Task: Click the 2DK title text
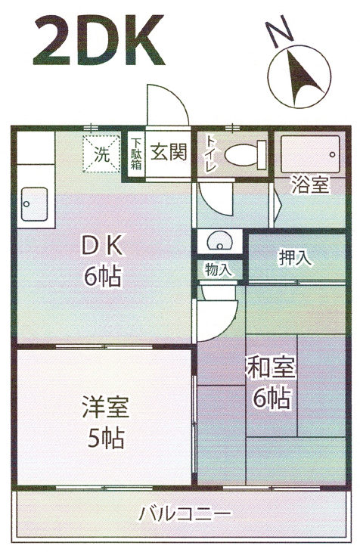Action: (x=99, y=40)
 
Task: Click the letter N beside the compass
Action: (x=279, y=32)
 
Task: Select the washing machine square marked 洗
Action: (x=102, y=154)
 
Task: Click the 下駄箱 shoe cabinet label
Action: (x=136, y=154)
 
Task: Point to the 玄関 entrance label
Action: (x=169, y=152)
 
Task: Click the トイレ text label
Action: (x=211, y=154)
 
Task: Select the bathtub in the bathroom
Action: (x=310, y=154)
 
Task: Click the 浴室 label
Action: (x=310, y=185)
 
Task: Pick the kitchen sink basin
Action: (x=35, y=204)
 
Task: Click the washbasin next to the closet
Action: (x=219, y=241)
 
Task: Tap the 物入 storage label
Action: (x=219, y=270)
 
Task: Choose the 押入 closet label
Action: (x=295, y=257)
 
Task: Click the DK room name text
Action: (x=103, y=245)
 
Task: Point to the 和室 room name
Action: (x=272, y=367)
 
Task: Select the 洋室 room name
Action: (x=105, y=407)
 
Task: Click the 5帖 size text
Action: (x=105, y=438)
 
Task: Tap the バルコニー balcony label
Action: (x=185, y=514)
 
